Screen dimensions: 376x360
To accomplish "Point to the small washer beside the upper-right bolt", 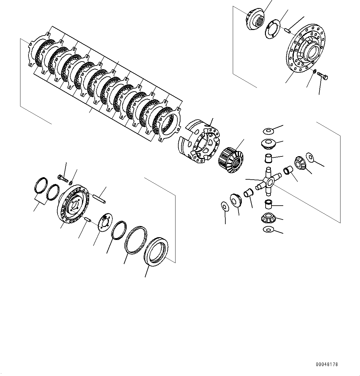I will tap(315, 72).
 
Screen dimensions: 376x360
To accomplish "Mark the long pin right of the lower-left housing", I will tap(99, 198).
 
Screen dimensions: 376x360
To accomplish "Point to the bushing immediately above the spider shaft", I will tap(268, 158).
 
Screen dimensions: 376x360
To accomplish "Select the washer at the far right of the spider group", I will tap(310, 157).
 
